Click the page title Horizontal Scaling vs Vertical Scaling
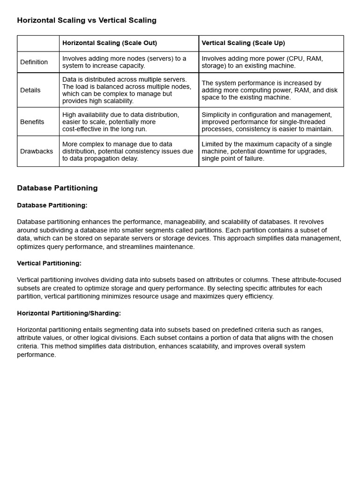[x=87, y=21]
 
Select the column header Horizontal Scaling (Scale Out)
[x=110, y=43]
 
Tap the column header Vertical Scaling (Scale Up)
[x=243, y=43]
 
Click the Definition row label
[x=34, y=62]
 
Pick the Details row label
[x=30, y=90]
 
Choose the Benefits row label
[x=32, y=122]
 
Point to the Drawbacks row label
[x=37, y=151]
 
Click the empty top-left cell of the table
[x=38, y=43]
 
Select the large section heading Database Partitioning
[x=57, y=188]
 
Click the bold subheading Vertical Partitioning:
[x=49, y=263]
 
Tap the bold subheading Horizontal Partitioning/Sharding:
[x=69, y=313]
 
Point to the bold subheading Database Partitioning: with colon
[x=52, y=205]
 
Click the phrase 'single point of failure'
[x=233, y=158]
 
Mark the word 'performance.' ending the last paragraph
[x=37, y=355]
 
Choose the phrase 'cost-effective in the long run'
[x=105, y=129]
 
